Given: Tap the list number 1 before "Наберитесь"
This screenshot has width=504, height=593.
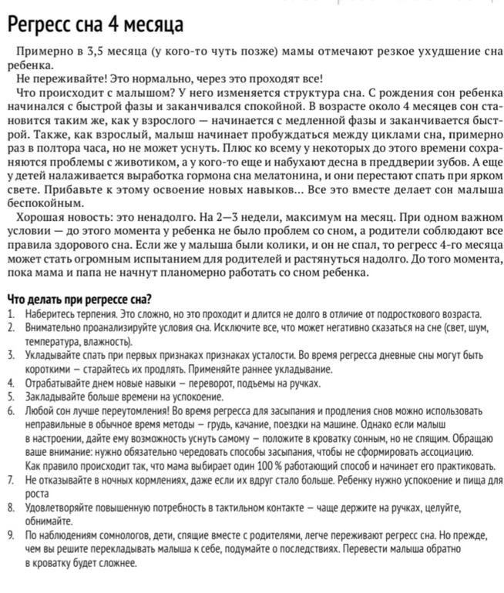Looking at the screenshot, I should click(8, 314).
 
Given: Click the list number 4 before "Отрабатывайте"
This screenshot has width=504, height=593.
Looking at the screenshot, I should click(8, 383).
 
